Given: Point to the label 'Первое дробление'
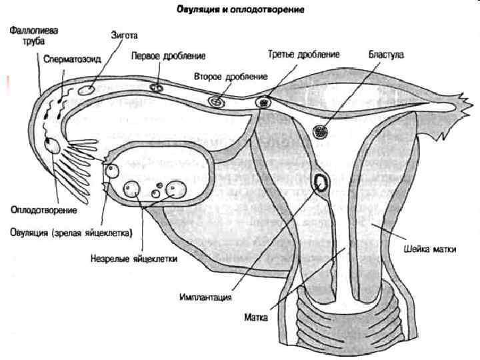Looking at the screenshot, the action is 168,55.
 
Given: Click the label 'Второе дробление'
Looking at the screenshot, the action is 231,76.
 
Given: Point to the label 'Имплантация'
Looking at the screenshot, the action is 205,297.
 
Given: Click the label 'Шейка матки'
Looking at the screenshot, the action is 430,250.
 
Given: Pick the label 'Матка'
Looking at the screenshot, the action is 256,318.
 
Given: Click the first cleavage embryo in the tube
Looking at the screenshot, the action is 158,87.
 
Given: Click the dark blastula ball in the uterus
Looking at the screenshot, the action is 321,131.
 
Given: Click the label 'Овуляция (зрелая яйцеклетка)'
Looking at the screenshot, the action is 71,233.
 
